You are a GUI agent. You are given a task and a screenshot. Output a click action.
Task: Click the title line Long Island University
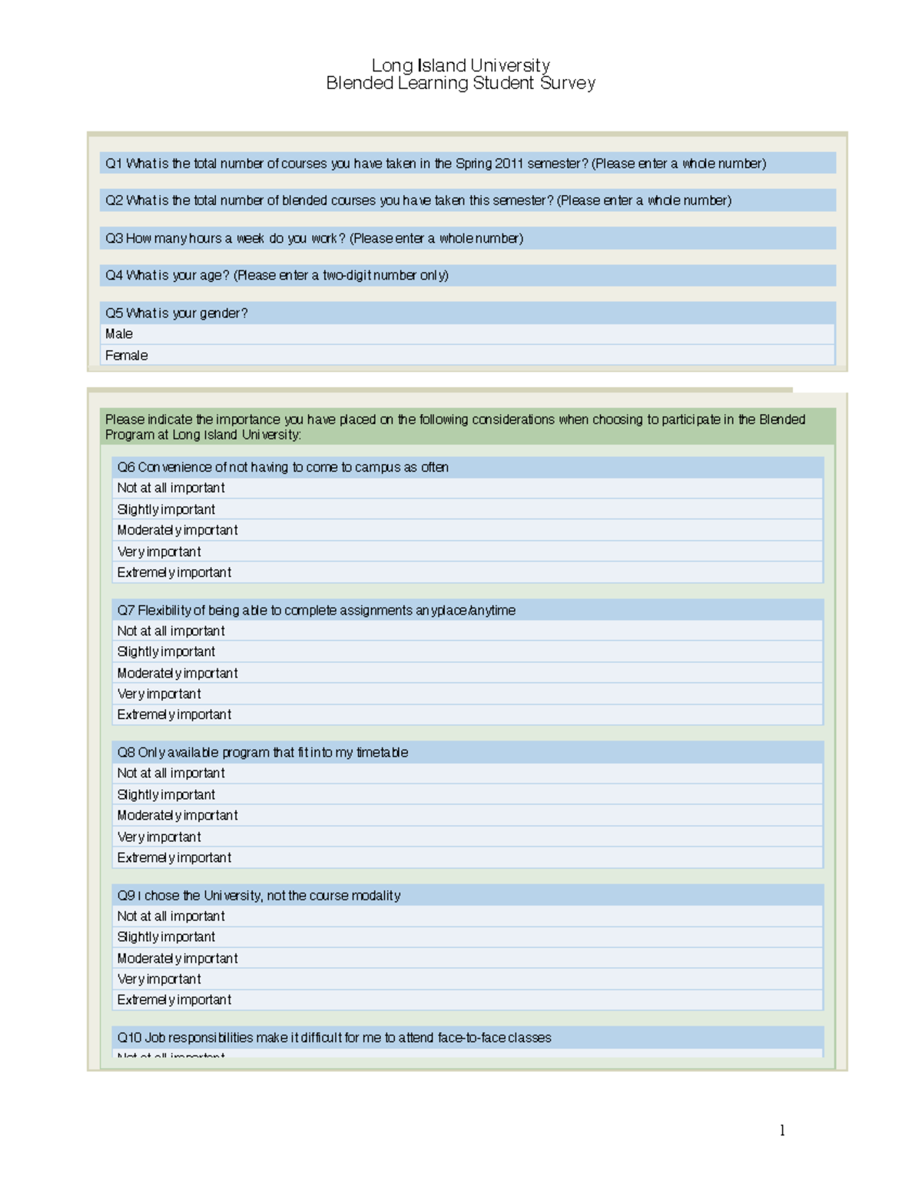point(460,65)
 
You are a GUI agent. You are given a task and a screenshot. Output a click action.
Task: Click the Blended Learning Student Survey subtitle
point(460,83)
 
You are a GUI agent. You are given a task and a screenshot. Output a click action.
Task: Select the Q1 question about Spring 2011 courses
point(436,163)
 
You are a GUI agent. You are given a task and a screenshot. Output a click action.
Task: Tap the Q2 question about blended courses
point(418,200)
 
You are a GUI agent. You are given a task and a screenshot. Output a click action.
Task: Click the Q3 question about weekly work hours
point(314,238)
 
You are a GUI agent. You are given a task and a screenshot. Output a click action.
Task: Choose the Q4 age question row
point(277,275)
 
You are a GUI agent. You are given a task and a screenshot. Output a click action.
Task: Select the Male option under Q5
point(119,334)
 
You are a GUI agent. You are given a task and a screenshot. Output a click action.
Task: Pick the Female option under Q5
point(127,356)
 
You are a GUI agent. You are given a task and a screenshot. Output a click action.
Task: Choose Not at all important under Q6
point(171,488)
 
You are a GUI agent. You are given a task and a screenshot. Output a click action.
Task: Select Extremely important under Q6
point(174,572)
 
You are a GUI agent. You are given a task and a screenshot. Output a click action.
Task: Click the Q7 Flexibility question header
point(316,610)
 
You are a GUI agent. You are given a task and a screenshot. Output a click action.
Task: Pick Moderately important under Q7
point(177,673)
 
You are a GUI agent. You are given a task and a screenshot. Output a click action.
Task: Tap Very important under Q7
point(159,694)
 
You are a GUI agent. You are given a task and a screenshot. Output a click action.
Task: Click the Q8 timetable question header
point(262,752)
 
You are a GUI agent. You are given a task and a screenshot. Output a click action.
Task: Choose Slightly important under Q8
point(166,794)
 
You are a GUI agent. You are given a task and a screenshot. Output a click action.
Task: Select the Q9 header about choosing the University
point(258,895)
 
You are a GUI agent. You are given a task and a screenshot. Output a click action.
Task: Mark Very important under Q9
point(159,979)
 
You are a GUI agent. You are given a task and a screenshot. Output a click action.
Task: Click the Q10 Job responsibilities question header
point(334,1037)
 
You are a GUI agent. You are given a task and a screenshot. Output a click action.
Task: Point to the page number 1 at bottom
point(781,1130)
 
